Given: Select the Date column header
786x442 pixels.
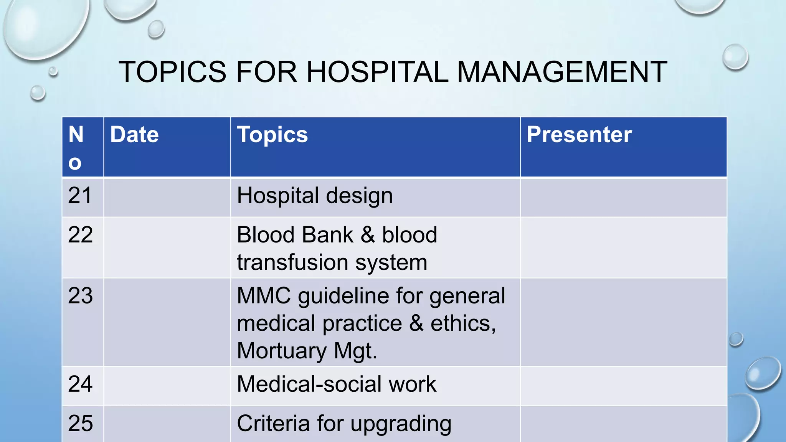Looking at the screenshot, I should (x=134, y=135).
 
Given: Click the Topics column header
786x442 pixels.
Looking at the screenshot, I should (x=272, y=135).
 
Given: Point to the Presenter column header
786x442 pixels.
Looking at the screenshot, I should (x=579, y=135).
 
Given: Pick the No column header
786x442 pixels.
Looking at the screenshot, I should (x=76, y=148).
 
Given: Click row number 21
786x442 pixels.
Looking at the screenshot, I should (x=80, y=196).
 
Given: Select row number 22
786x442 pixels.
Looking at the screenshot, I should (x=80, y=235).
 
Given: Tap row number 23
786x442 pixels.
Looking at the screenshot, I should (x=80, y=296).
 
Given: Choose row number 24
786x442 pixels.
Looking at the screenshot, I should (x=80, y=384).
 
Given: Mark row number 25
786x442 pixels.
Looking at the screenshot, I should (x=80, y=424).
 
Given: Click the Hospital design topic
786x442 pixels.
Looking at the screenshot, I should (x=315, y=196).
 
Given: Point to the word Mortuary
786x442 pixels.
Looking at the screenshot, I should (x=282, y=351).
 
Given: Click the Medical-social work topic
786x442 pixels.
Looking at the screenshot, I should (x=337, y=384).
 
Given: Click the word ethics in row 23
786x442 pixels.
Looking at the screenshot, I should (x=462, y=323).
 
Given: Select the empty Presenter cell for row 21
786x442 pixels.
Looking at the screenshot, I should (x=623, y=198).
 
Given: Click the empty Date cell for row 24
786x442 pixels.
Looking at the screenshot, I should (x=167, y=386).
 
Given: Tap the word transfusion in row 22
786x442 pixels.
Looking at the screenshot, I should (x=292, y=263).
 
